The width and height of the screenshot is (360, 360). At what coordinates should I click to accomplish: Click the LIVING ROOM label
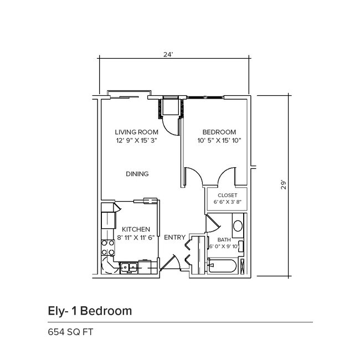[136, 132]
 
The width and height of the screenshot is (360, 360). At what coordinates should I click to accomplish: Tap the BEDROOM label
[219, 132]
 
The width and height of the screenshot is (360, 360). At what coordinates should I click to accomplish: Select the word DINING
[137, 174]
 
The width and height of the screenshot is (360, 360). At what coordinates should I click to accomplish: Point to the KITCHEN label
[136, 229]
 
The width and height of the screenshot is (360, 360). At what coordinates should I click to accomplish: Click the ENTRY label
[174, 237]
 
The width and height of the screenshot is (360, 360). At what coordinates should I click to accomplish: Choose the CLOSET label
[227, 196]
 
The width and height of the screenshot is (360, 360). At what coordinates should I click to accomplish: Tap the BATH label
[224, 239]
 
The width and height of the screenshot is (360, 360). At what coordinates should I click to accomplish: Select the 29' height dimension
[282, 184]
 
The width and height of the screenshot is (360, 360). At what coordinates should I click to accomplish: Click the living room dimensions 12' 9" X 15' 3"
[137, 141]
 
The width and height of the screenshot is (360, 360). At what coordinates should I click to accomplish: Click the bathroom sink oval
[237, 226]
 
